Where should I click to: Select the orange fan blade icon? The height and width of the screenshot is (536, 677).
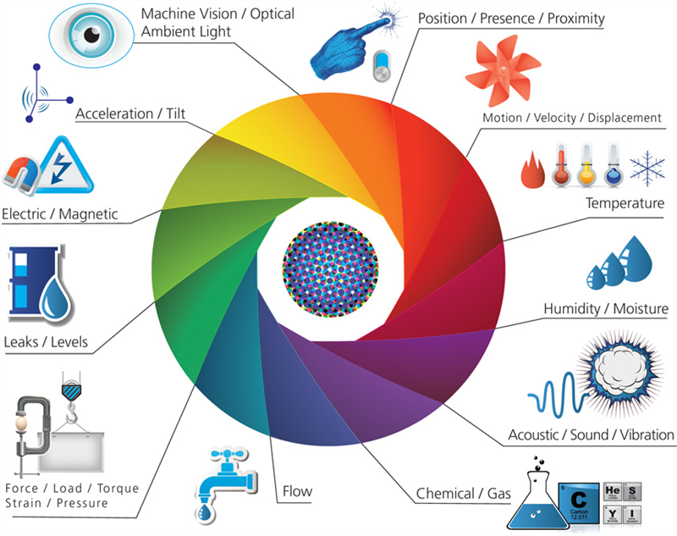tap(503, 70)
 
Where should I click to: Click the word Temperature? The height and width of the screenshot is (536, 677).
tap(625, 204)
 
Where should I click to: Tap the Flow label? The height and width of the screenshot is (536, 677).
tap(296, 491)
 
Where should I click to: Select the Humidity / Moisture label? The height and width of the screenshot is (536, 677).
tap(606, 309)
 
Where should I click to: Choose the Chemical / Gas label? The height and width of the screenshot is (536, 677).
tap(456, 494)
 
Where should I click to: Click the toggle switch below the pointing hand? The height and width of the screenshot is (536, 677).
tap(383, 66)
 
